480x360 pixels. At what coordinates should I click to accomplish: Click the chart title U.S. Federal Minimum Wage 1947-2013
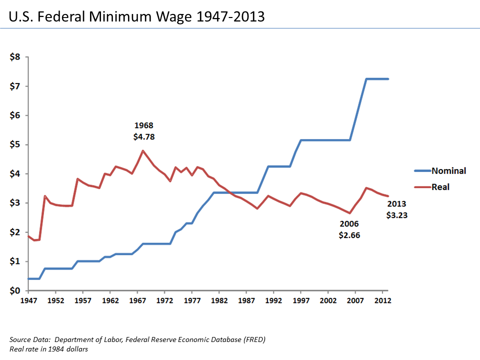[136, 17]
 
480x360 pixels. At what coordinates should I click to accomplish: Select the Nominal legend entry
[448, 171]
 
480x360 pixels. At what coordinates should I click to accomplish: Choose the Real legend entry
[440, 187]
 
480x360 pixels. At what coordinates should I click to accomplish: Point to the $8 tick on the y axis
[15, 57]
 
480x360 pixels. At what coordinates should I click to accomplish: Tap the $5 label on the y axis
[15, 145]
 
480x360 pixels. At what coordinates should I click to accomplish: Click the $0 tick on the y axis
[15, 291]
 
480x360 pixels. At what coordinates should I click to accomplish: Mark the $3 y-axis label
[15, 203]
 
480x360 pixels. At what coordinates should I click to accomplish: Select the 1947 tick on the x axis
[28, 301]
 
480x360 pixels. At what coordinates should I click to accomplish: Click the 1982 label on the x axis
[219, 301]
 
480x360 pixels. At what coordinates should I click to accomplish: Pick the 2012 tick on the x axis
[382, 301]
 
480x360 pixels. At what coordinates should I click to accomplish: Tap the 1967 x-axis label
[137, 301]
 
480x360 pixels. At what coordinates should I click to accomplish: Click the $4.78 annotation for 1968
[144, 135]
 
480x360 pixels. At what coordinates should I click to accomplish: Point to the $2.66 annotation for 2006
[349, 235]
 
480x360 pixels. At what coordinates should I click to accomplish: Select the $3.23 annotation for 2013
[397, 215]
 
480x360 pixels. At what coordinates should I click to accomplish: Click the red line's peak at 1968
[143, 150]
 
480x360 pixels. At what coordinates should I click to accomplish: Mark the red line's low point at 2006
[350, 213]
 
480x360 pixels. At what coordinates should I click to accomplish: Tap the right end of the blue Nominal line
[388, 79]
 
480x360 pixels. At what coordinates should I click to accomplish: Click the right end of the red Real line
[388, 196]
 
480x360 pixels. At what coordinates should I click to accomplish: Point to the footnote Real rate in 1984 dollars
[48, 349]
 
